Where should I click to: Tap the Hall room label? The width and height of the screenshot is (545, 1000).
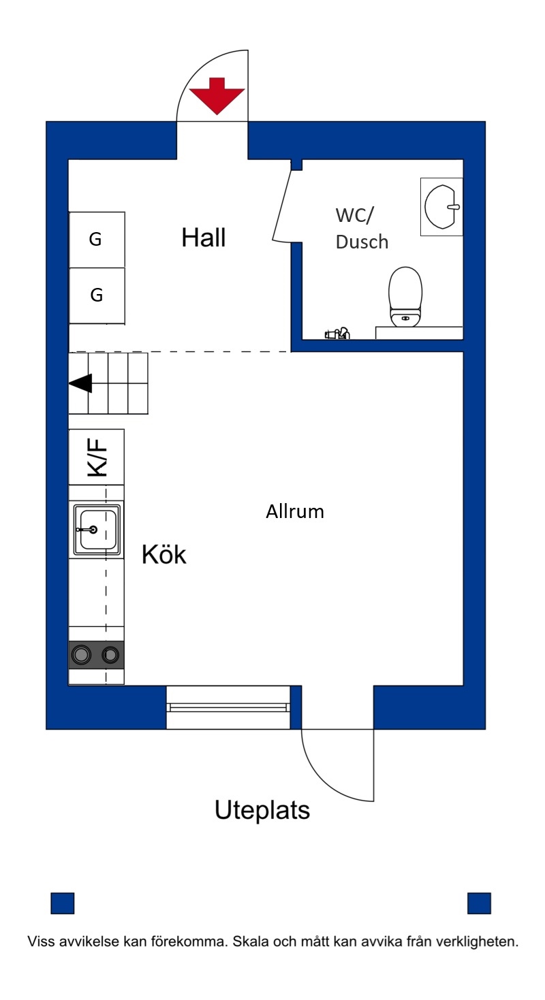[x=203, y=237]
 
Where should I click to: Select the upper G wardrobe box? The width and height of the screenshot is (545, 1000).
[x=97, y=240]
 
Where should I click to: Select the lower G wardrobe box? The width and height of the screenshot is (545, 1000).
[x=97, y=296]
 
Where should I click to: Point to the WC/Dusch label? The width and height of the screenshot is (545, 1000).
[x=362, y=228]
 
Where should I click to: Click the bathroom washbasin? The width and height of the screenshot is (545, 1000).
[x=441, y=207]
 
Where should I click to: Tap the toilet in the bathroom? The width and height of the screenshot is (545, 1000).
[x=405, y=296]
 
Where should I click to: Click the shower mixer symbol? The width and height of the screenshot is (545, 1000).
[x=337, y=333]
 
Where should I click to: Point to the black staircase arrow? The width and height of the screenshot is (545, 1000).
[x=80, y=383]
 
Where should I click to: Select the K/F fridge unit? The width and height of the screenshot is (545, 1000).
[x=97, y=457]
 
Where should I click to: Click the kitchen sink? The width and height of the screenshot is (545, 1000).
[x=97, y=530]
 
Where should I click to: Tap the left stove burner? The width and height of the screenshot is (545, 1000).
[x=81, y=655]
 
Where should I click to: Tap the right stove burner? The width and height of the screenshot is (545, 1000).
[x=110, y=655]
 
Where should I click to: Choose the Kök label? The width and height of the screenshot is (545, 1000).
[x=164, y=555]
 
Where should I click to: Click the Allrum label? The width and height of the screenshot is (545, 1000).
[x=295, y=512]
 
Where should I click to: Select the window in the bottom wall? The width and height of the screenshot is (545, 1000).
[x=228, y=707]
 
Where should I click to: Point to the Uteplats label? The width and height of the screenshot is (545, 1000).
[x=262, y=810]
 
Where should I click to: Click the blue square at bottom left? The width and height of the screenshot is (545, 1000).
[x=63, y=903]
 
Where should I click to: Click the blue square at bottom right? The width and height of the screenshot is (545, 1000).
[x=480, y=903]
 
